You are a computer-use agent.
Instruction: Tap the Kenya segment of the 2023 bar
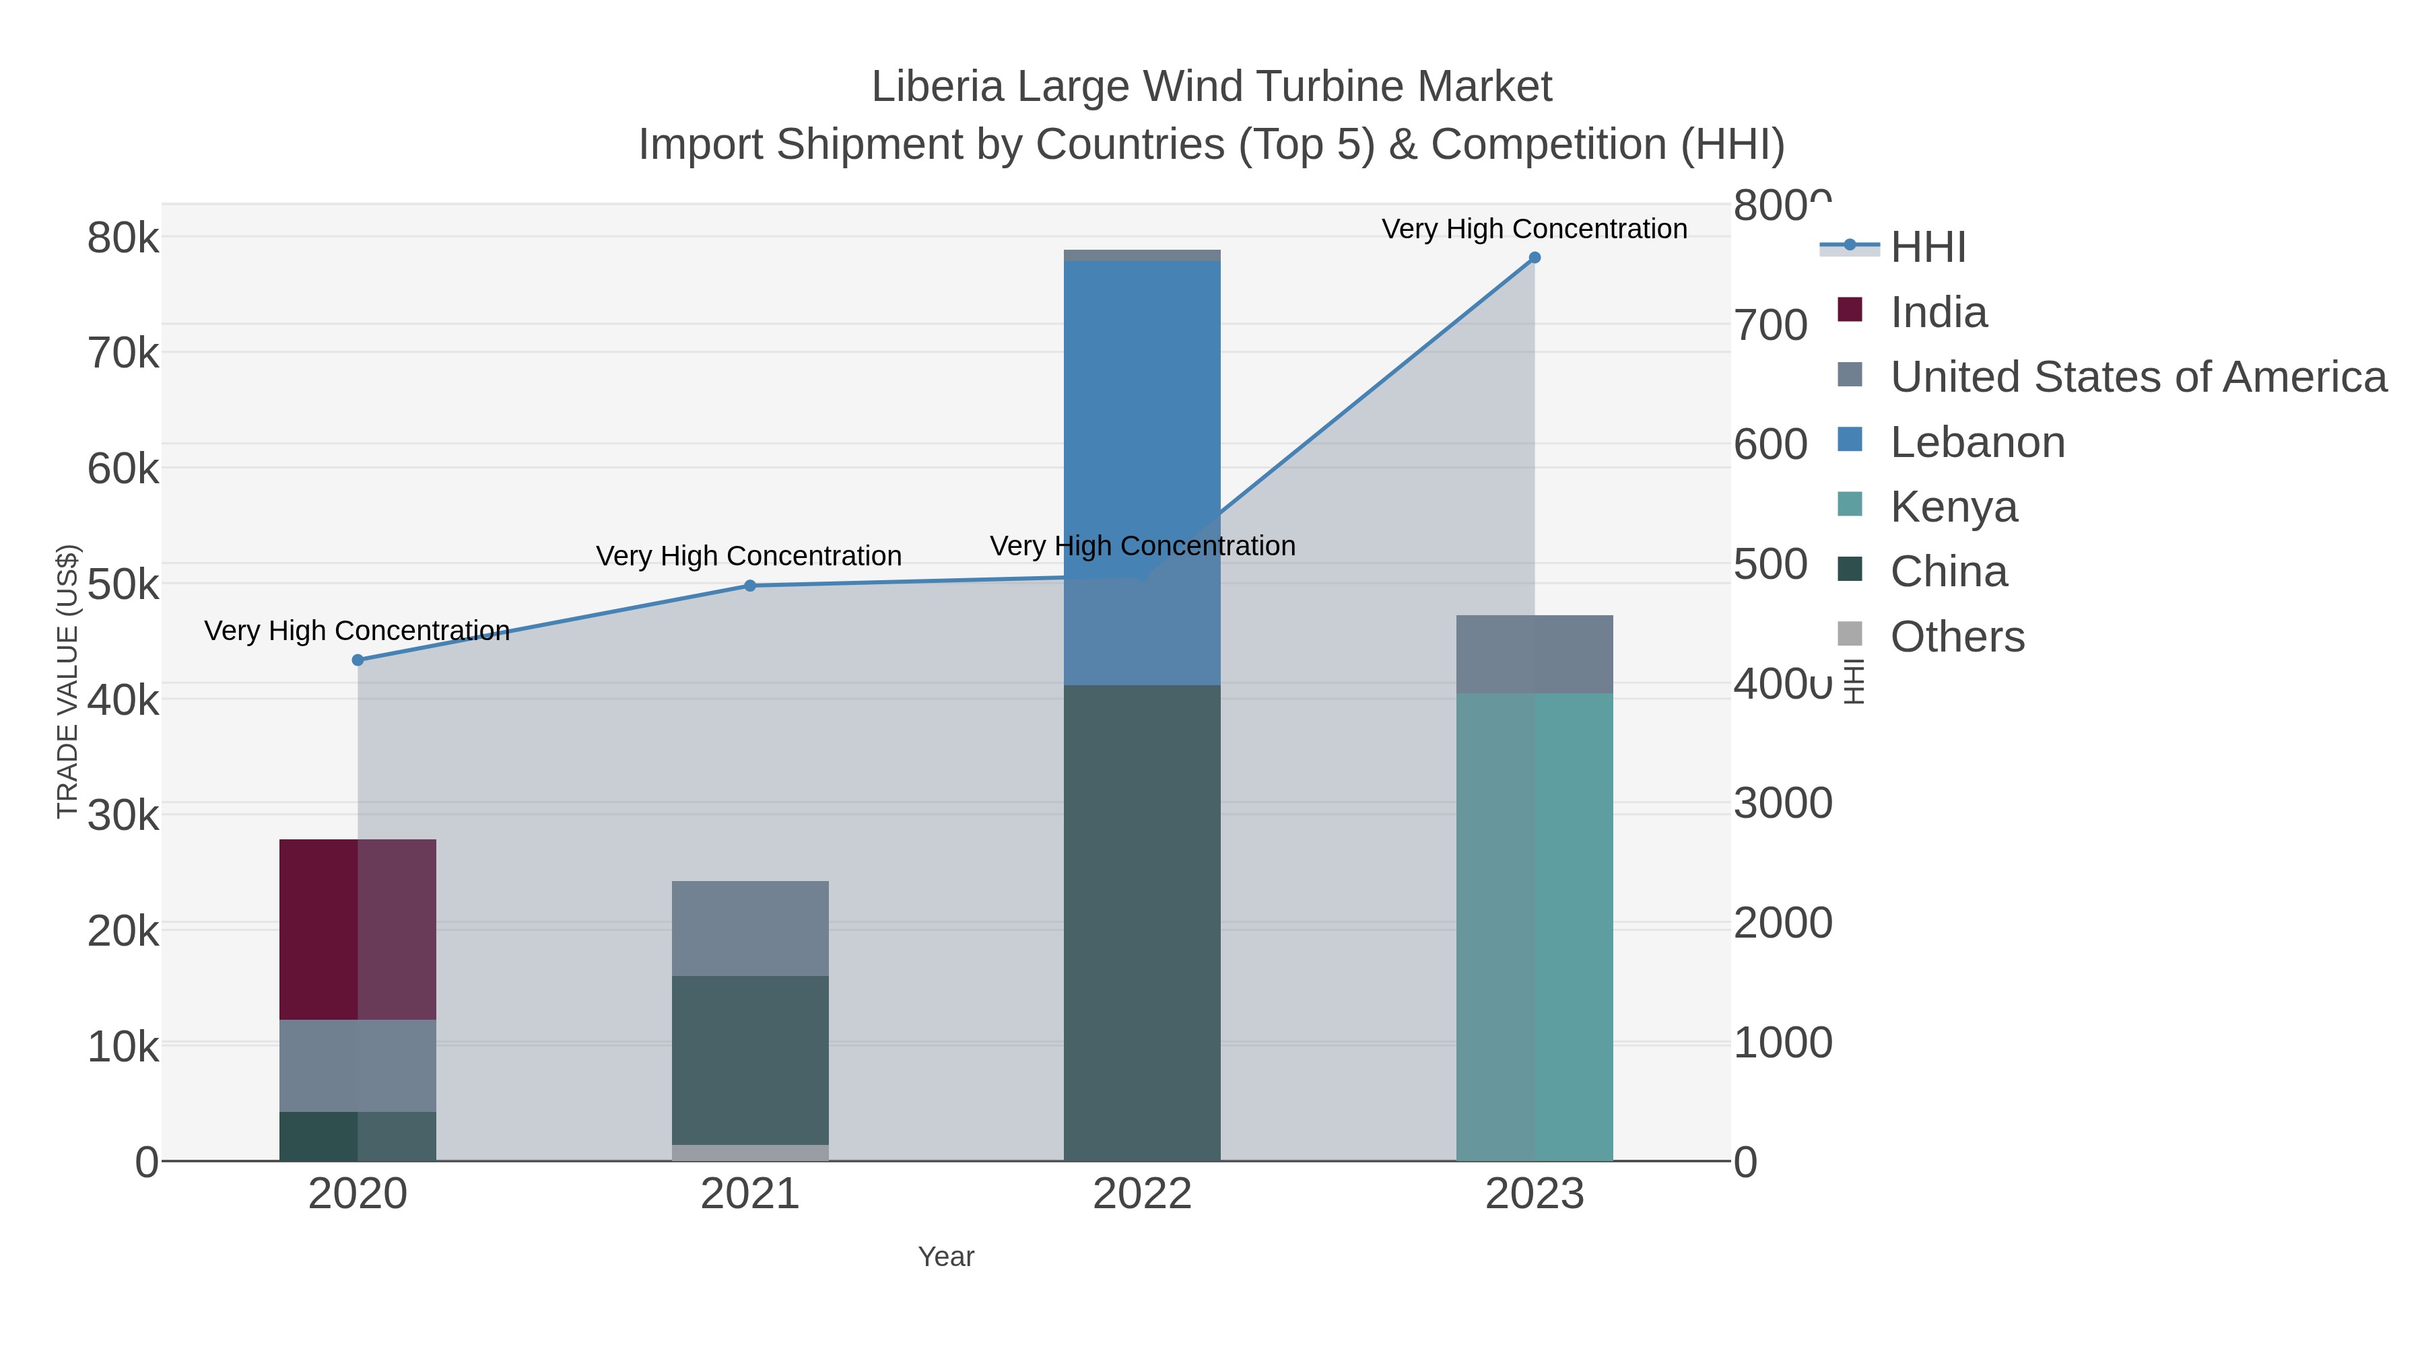click(x=1534, y=927)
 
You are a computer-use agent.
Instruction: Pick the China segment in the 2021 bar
click(x=750, y=1059)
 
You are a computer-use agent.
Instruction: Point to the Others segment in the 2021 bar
click(x=750, y=1152)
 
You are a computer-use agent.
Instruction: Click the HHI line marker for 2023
click(x=1535, y=258)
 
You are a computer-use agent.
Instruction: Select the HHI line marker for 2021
click(x=750, y=586)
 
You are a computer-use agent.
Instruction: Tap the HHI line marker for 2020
click(x=358, y=660)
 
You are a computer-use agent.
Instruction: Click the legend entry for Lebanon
click(x=1977, y=442)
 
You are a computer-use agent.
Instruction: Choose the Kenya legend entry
click(x=1953, y=507)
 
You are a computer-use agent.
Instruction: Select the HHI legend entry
click(x=1927, y=248)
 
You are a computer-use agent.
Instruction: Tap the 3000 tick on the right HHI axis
click(x=1782, y=803)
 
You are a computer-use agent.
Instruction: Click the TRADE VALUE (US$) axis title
click(x=68, y=681)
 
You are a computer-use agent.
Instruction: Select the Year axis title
click(x=946, y=1257)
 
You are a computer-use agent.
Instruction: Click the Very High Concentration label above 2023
click(x=1534, y=229)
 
